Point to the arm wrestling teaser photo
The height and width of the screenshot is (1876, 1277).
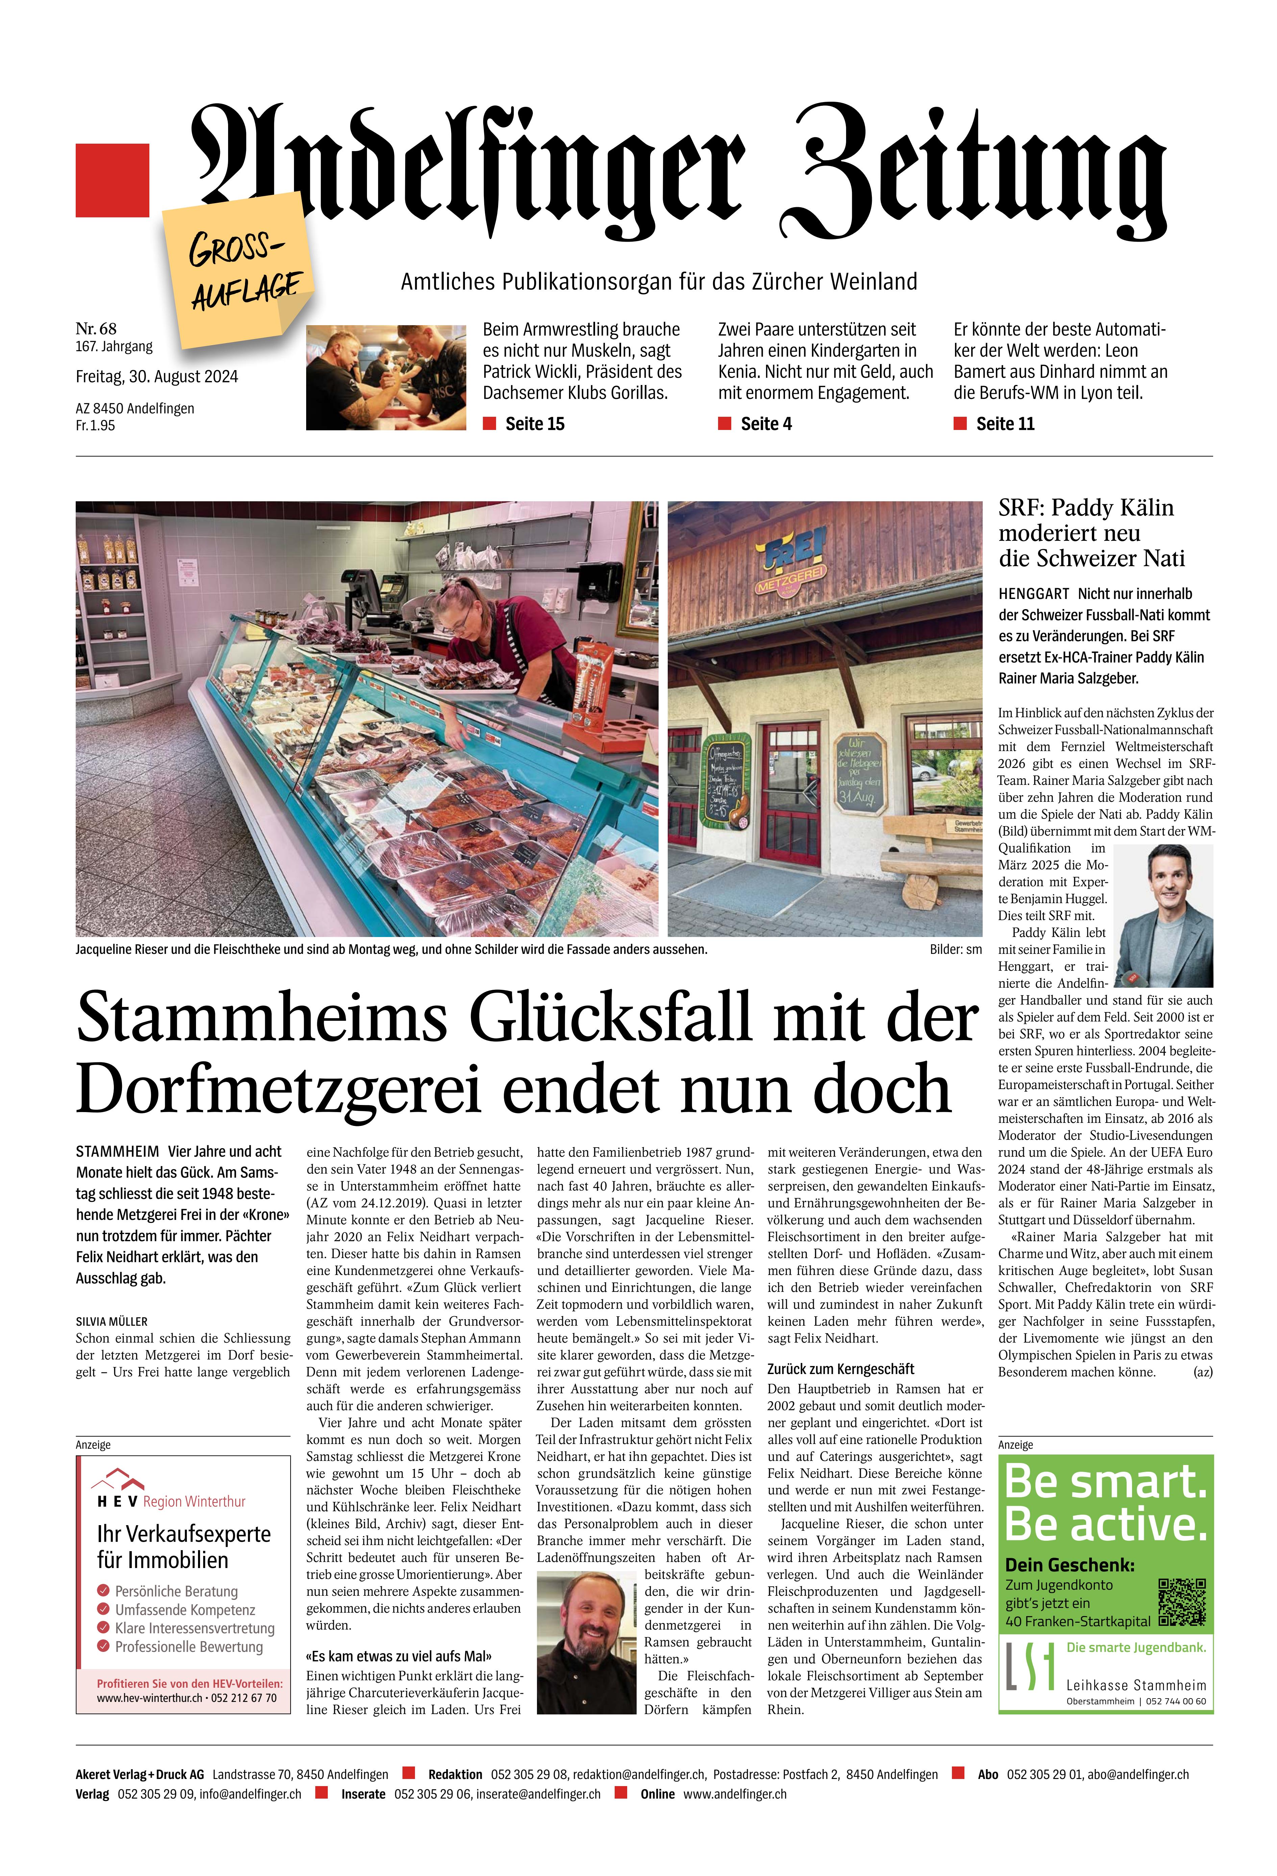click(x=386, y=377)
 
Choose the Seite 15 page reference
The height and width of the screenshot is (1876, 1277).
click(x=534, y=424)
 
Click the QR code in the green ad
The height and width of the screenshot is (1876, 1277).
click(x=1182, y=1602)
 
